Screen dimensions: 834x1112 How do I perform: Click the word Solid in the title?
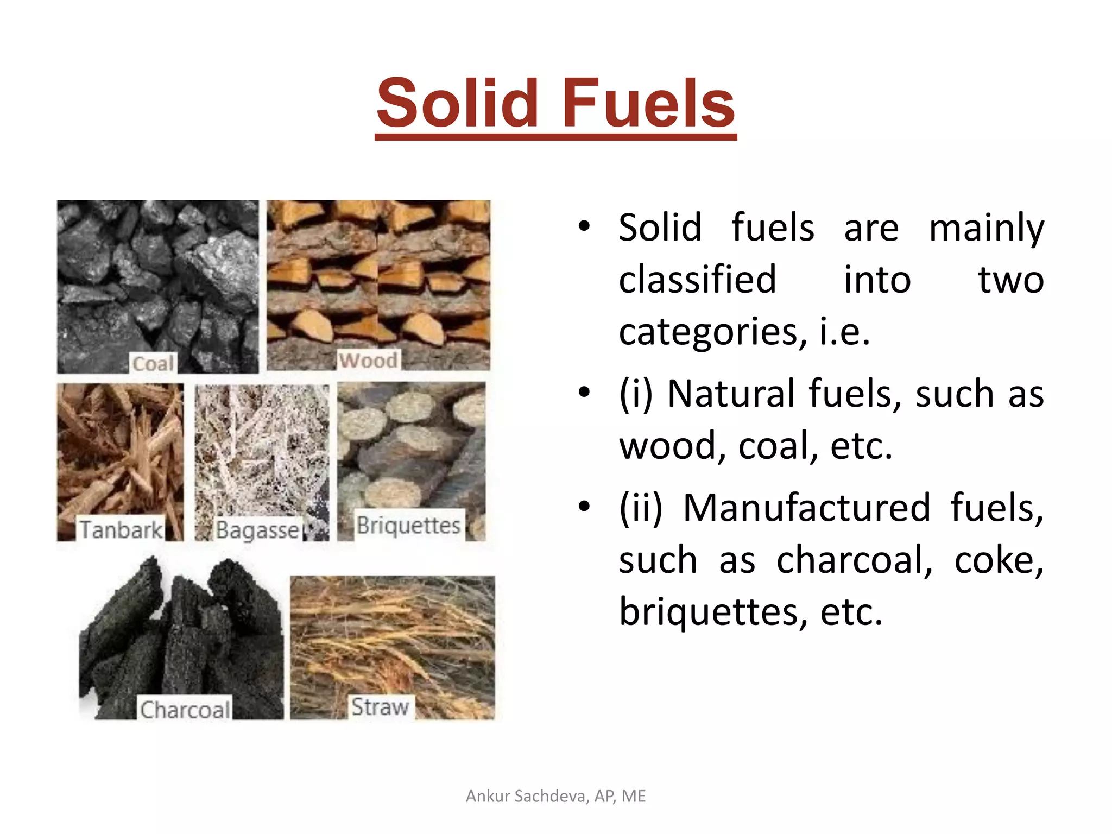coord(457,103)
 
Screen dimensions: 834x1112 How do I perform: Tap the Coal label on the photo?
coord(154,363)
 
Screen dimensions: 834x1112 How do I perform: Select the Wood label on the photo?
coord(368,360)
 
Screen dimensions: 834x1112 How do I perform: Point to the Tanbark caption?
coord(121,529)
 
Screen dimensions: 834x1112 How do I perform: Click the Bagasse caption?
coord(257,530)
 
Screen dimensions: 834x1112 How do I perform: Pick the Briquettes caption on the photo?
coord(408,525)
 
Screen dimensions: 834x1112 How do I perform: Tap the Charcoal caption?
coord(185,709)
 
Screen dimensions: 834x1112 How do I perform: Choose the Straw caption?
coord(380,706)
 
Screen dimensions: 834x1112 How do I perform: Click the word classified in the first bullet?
coord(697,280)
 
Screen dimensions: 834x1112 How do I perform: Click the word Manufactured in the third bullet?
coord(807,508)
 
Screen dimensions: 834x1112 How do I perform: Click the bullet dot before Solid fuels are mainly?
coord(584,226)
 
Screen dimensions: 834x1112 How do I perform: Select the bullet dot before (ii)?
coord(584,507)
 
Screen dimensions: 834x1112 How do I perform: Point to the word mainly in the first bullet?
coord(986,228)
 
